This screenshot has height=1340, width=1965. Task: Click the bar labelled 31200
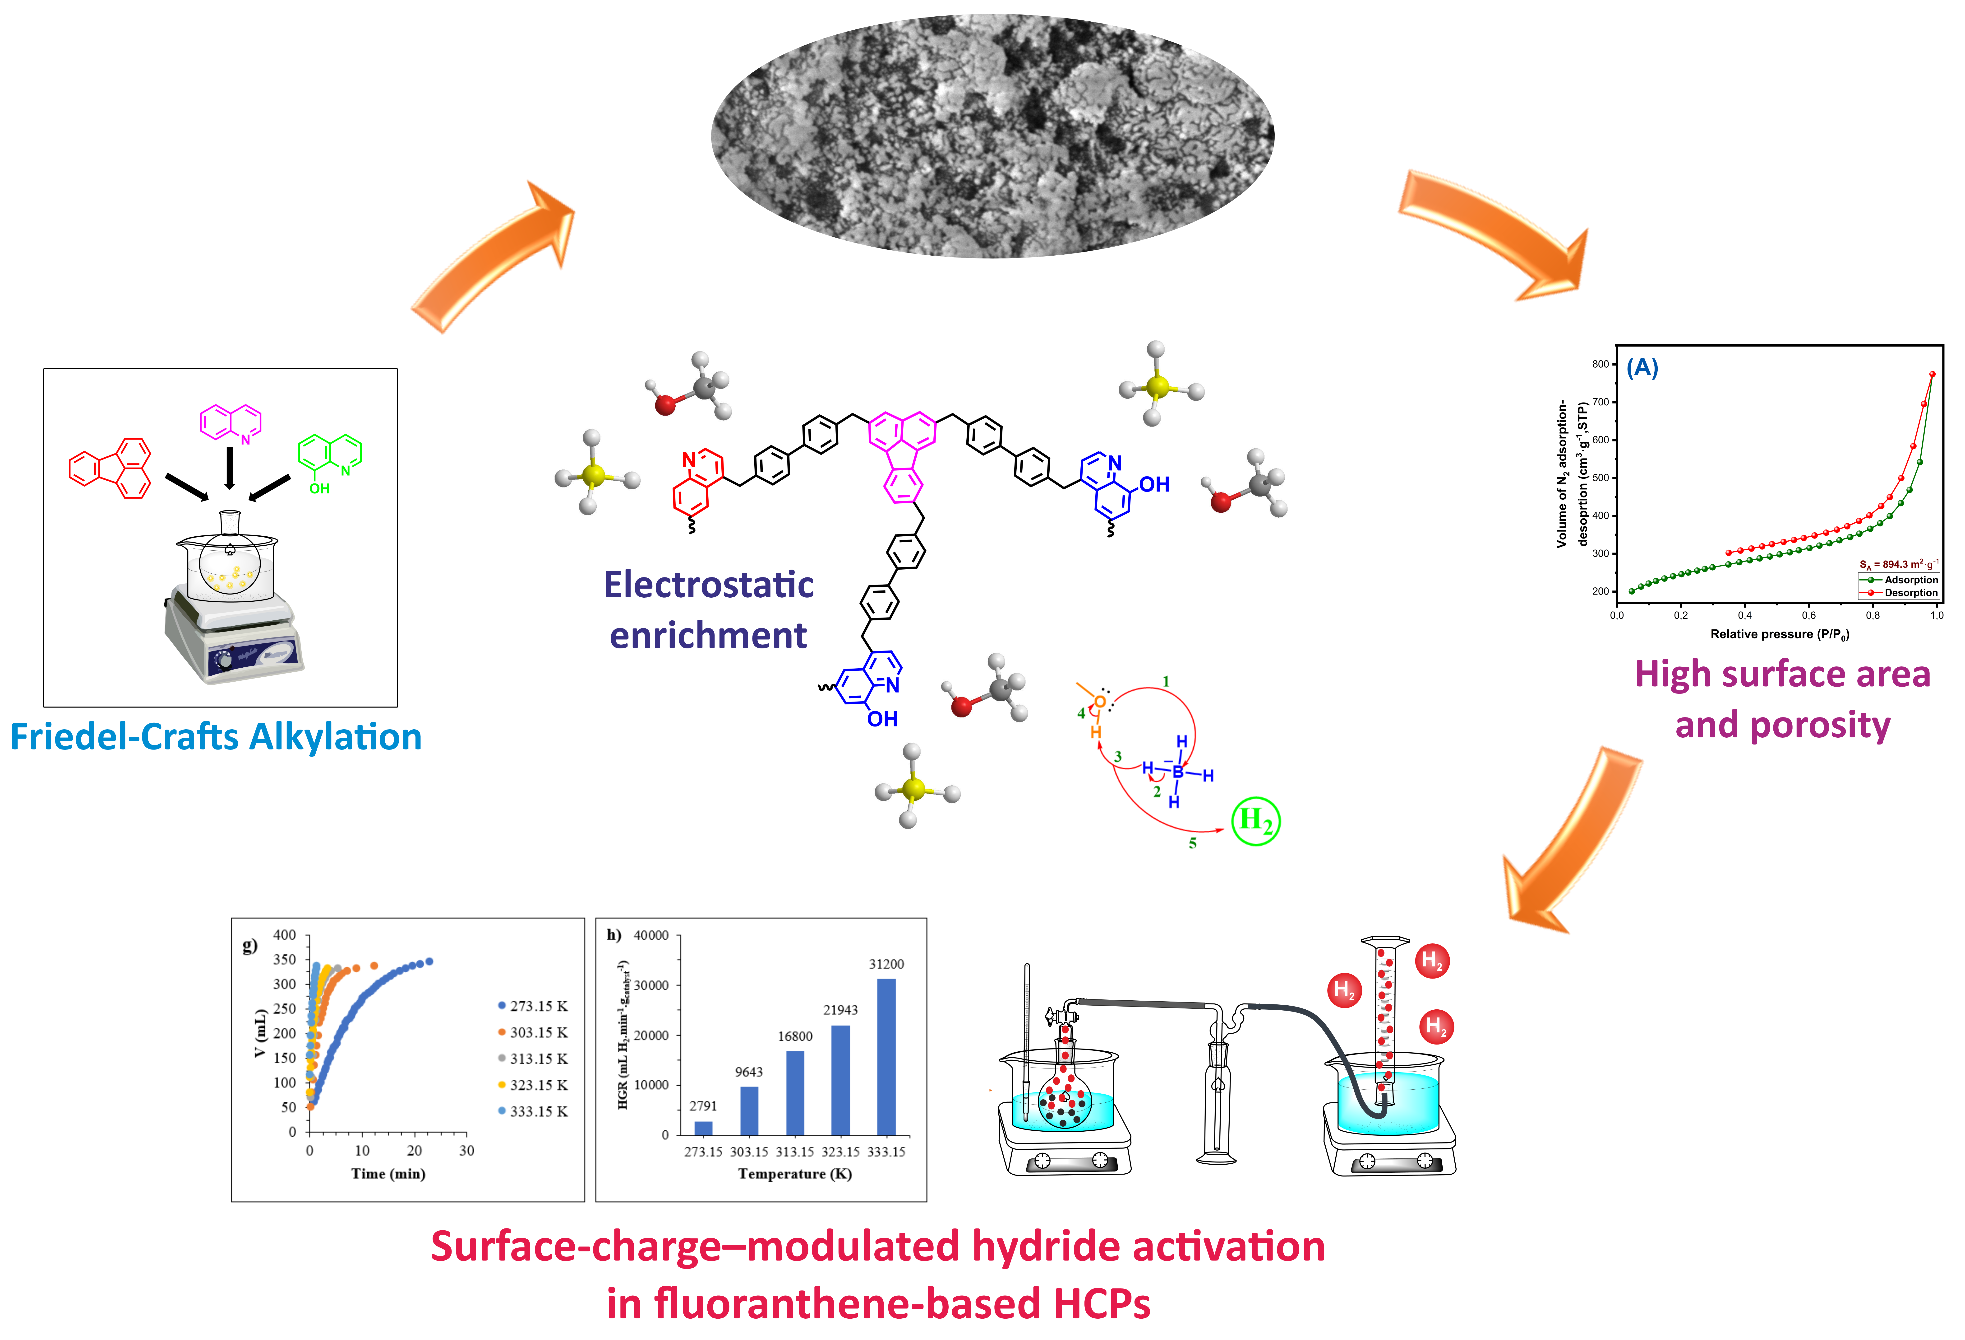(886, 1057)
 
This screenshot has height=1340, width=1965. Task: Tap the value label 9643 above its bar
(748, 1072)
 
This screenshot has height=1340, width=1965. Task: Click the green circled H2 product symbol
(1256, 820)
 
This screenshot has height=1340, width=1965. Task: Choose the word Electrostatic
(709, 585)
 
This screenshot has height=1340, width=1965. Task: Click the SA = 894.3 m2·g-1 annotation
(1898, 563)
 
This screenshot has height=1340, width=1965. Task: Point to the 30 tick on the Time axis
(467, 1151)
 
